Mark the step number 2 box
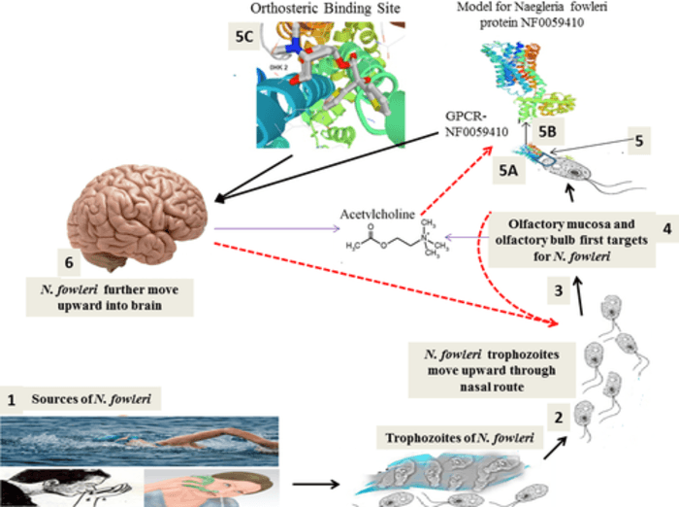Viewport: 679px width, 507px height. [559, 418]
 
